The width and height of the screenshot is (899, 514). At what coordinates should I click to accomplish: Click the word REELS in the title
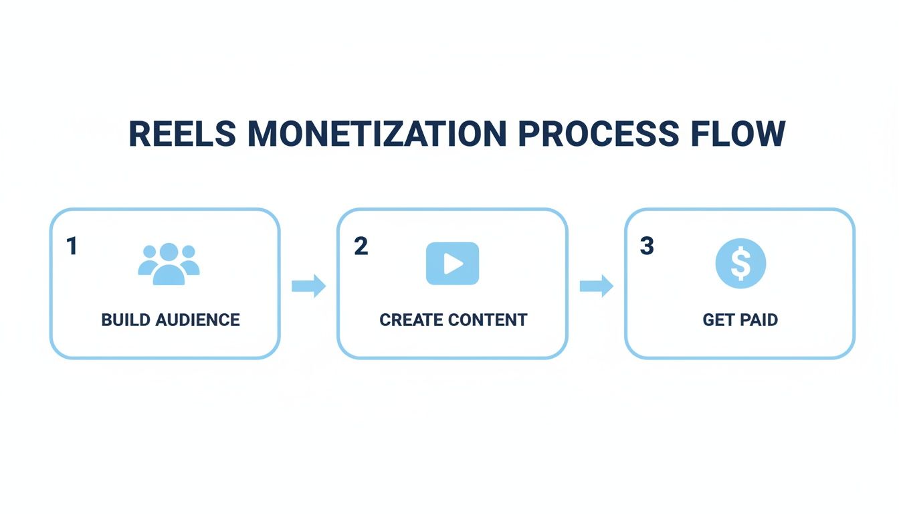point(182,134)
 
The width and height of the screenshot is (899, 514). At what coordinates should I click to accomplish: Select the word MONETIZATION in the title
point(377,134)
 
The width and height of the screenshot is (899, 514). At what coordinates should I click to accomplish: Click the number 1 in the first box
point(72,246)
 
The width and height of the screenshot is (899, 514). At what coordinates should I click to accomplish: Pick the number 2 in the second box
point(361,246)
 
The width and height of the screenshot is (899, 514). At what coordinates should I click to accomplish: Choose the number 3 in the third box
point(646,246)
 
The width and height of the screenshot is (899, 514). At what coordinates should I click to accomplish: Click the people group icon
point(169,264)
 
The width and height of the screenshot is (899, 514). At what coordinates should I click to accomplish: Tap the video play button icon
point(452,264)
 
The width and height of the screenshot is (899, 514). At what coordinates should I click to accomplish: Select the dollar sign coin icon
point(740,264)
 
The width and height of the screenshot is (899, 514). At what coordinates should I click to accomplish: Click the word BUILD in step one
point(126,320)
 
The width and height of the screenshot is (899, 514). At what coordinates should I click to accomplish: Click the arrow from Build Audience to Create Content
point(308,286)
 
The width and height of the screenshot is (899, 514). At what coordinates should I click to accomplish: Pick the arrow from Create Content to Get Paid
point(596,286)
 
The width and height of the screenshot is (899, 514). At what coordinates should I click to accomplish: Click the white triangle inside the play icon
point(454,264)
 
